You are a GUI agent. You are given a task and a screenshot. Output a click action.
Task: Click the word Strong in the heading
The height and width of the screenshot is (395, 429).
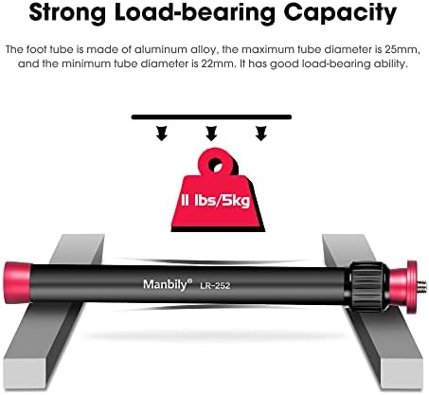point(67,12)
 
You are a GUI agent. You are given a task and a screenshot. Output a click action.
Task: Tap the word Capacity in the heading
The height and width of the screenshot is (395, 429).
point(340,14)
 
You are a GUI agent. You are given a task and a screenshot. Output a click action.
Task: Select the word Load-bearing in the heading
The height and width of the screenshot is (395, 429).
point(195,14)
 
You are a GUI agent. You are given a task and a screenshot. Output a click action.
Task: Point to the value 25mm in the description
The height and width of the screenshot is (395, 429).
point(402,49)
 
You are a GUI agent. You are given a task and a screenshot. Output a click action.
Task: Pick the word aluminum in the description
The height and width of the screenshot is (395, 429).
point(160,49)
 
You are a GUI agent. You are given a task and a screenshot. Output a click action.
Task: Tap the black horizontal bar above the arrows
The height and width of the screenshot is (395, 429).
point(211,117)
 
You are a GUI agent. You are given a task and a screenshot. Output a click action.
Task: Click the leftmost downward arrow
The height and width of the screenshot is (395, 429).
point(162,134)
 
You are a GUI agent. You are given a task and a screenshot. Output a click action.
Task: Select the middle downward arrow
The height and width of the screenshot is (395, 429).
point(211,134)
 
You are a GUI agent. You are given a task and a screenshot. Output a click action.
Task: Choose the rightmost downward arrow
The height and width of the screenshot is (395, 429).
point(260,134)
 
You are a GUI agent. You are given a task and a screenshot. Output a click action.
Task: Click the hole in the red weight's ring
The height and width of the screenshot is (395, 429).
point(216,164)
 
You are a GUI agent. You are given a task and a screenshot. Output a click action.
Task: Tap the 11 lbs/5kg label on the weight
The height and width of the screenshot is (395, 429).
point(216,200)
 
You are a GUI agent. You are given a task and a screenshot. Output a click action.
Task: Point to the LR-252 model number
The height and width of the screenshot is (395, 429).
point(215,286)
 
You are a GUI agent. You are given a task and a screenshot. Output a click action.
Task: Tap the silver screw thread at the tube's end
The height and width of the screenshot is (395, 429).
point(423,287)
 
